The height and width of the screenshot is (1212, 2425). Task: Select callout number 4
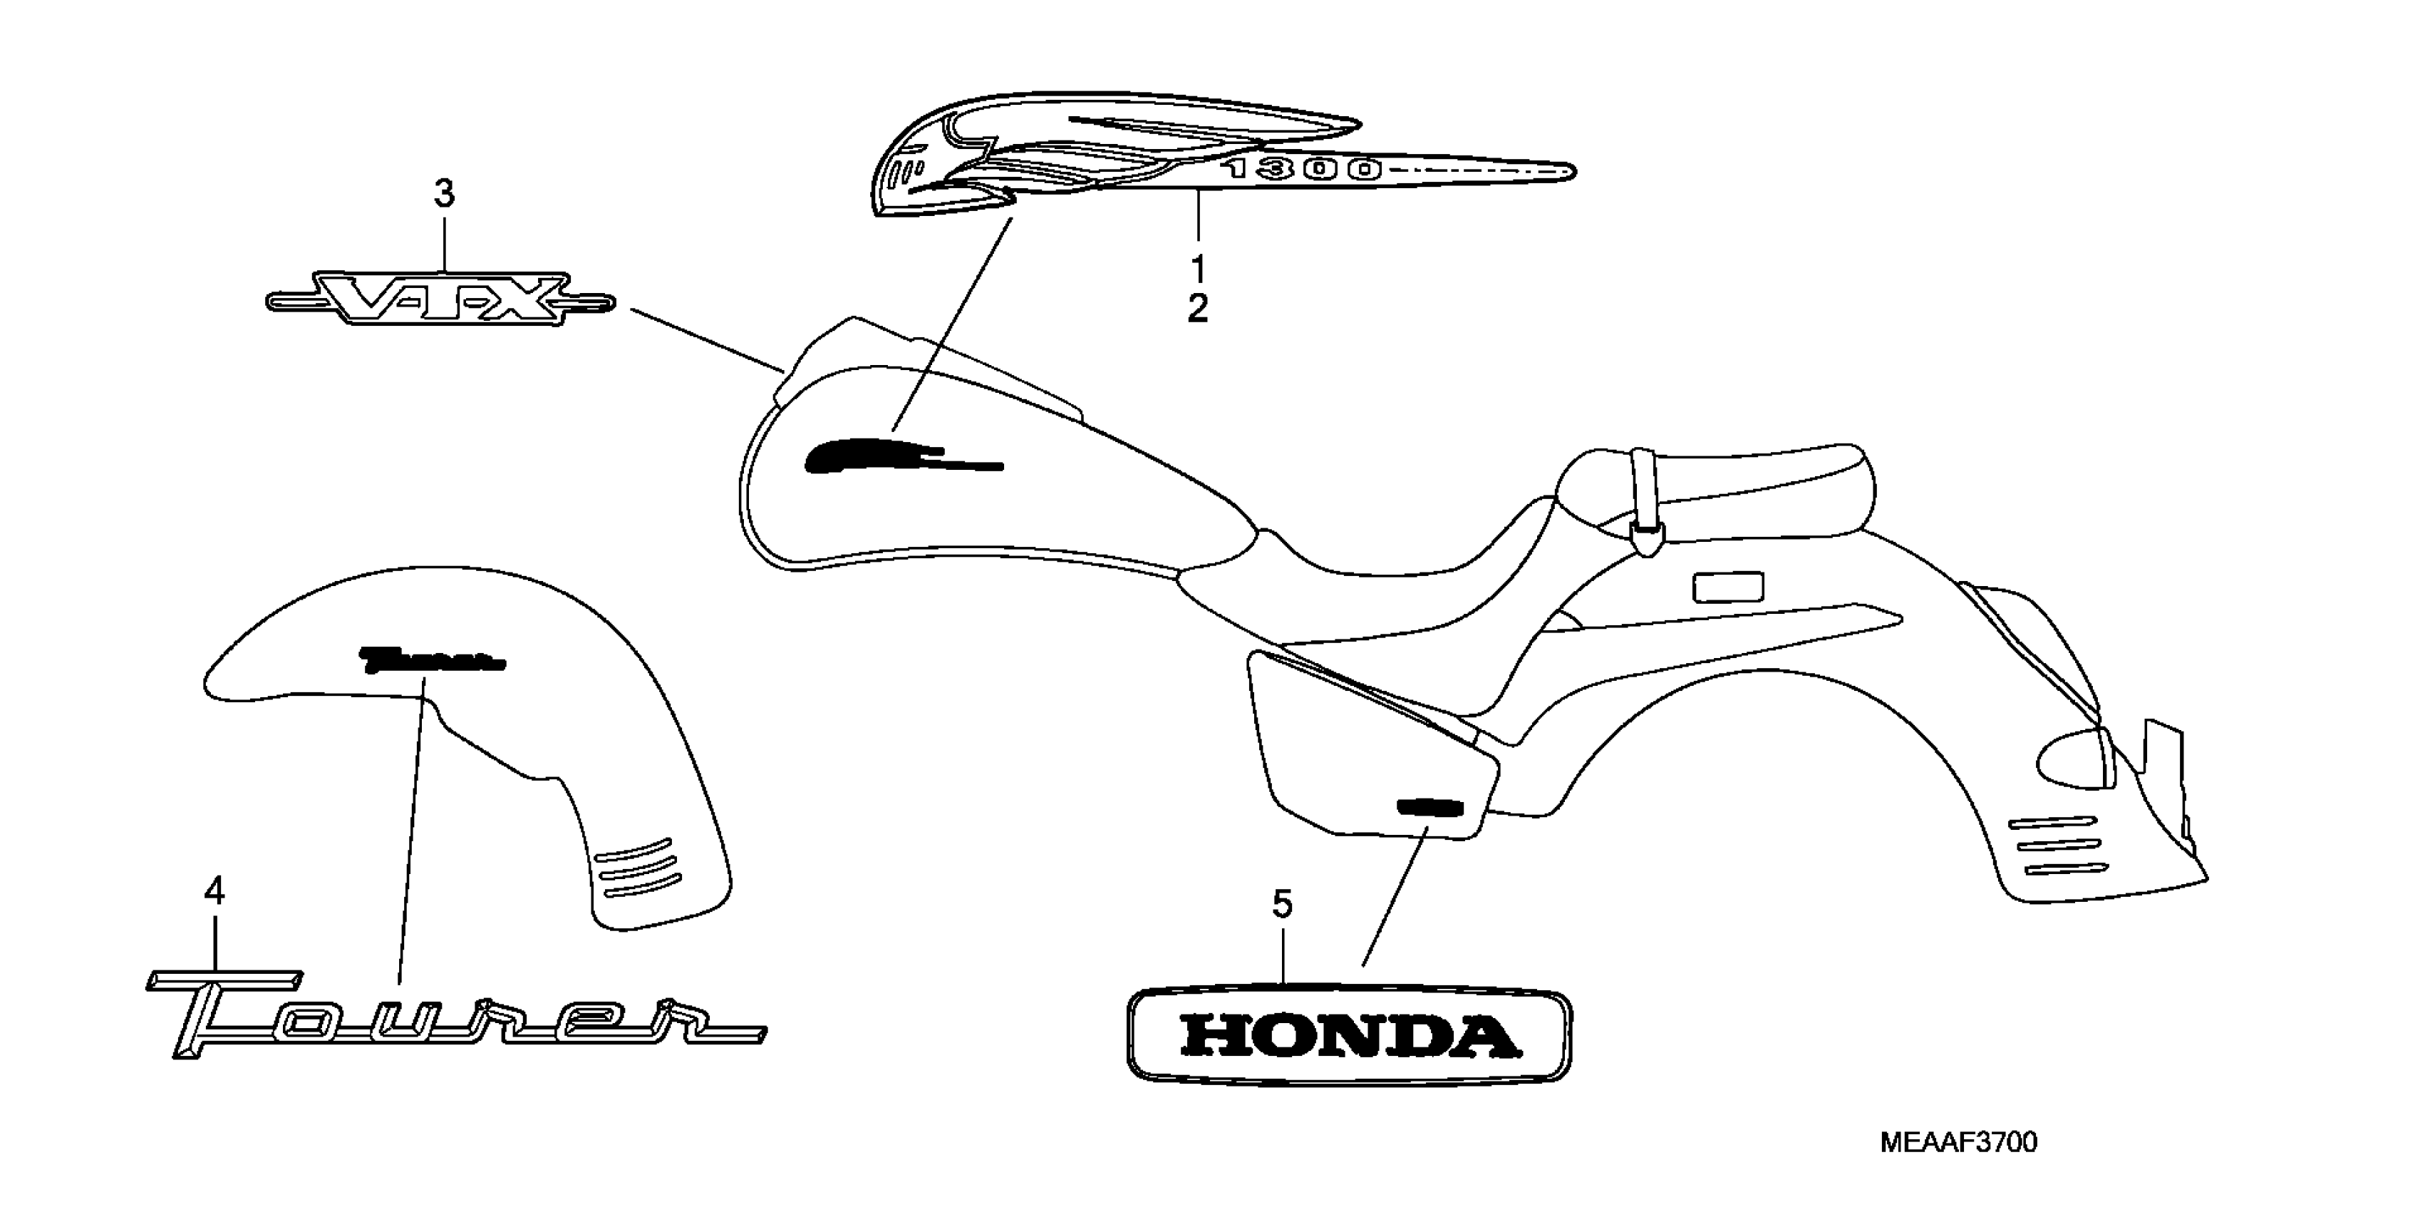(x=214, y=891)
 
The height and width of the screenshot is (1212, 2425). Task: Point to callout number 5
(x=1282, y=904)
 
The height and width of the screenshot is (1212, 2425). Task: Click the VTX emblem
(x=440, y=300)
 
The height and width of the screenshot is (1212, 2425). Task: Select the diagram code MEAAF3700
(x=1958, y=1142)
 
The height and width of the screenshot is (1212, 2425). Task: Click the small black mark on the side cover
(x=1428, y=807)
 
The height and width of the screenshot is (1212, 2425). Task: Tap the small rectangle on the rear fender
(x=1727, y=587)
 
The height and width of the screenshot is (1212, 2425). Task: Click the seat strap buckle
(x=1645, y=540)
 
